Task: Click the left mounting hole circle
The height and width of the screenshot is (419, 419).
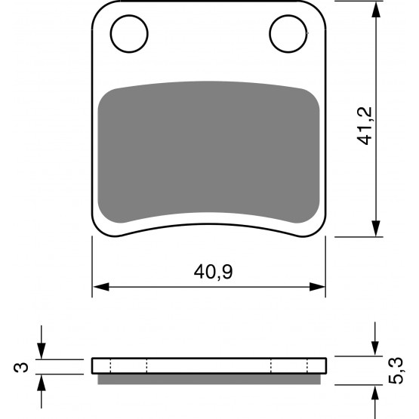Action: point(110,34)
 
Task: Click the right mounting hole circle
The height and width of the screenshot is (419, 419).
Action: point(270,34)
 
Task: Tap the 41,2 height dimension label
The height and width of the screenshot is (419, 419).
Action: point(365,126)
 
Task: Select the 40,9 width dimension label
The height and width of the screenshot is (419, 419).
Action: point(213,272)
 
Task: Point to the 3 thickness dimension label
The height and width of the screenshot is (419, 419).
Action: point(21,367)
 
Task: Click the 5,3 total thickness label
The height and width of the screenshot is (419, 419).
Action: point(396,371)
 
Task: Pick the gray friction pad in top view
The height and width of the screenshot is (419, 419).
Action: point(208,152)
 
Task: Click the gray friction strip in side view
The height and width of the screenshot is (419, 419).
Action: point(209,379)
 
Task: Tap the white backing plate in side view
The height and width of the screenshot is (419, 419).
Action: point(209,365)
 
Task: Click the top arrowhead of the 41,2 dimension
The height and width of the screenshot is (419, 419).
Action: point(376,10)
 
